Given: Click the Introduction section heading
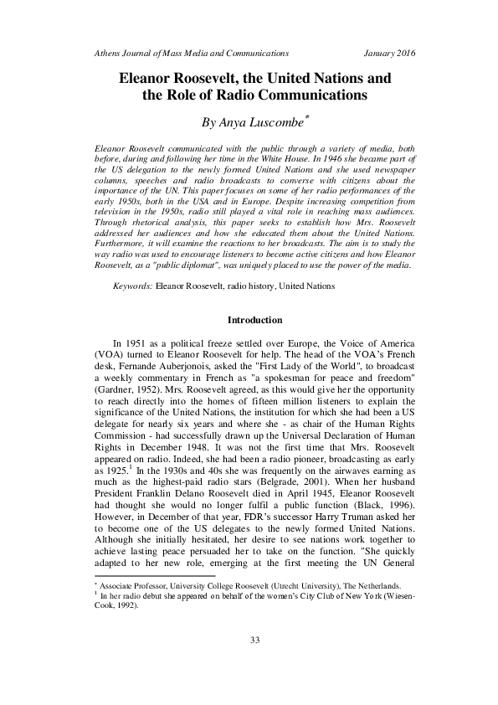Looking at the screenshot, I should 254,321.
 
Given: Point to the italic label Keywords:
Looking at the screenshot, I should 132,286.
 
